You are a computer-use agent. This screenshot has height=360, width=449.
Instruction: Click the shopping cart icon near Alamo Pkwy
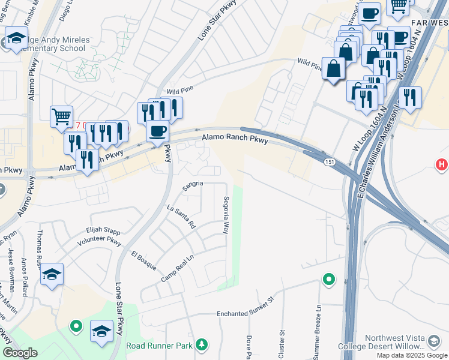[61, 116]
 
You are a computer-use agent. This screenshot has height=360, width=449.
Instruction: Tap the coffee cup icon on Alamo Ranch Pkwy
[157, 130]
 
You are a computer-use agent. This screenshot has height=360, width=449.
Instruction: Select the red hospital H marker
[442, 163]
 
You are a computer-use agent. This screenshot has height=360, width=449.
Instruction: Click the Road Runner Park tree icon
[202, 344]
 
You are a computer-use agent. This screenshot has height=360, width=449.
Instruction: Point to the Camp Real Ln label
[179, 272]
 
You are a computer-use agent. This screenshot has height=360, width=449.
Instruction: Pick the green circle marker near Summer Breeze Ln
[328, 280]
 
